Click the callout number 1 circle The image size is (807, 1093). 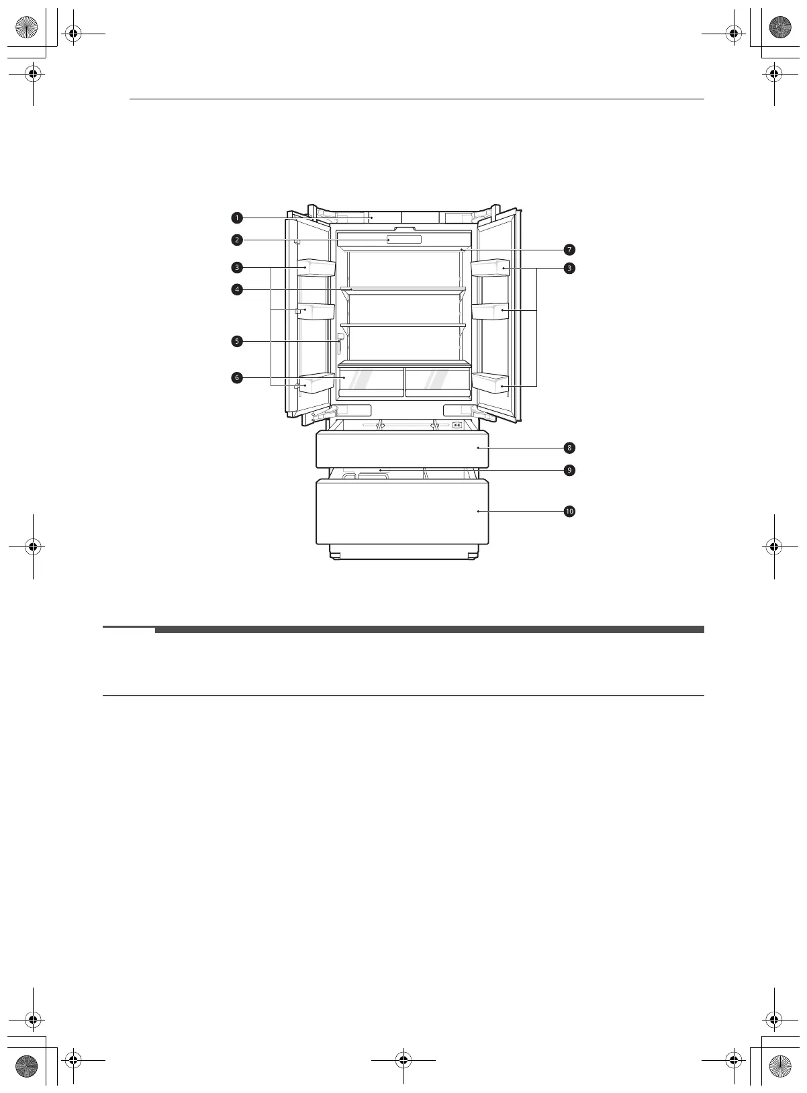[237, 218]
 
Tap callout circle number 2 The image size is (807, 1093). [237, 240]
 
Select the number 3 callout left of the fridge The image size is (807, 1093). [237, 268]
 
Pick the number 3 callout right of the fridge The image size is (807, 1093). [569, 268]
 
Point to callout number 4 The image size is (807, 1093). [237, 289]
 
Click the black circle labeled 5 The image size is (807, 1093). [237, 341]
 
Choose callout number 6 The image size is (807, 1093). [237, 378]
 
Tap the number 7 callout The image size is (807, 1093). [569, 250]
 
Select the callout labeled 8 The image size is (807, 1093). [569, 448]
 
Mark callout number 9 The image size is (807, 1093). [569, 470]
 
